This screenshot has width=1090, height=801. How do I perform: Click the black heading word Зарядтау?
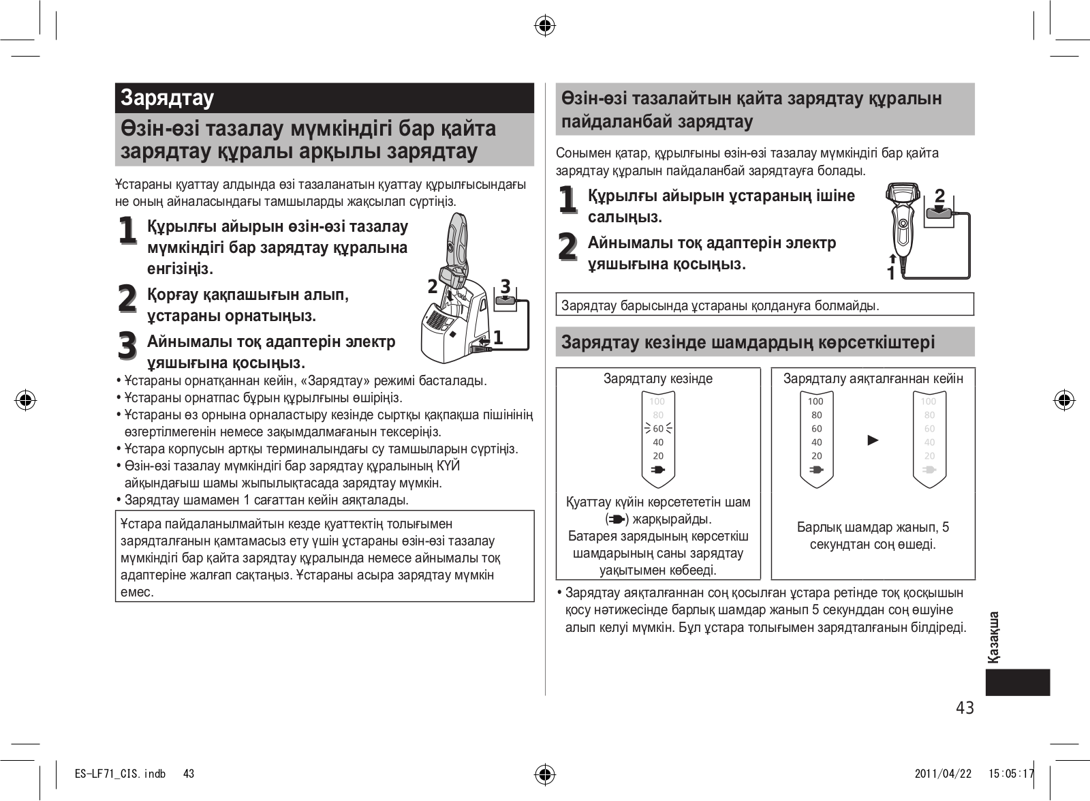pos(167,98)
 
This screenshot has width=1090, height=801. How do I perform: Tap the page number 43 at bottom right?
pos(965,708)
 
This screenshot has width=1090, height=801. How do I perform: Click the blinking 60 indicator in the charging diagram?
pos(658,429)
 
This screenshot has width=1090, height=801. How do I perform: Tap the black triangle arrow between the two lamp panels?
pos(873,440)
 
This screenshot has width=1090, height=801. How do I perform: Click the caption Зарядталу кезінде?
pos(658,379)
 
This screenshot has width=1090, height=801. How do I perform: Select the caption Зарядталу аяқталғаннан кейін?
pos(873,379)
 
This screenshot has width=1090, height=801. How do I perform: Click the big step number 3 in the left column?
pos(127,345)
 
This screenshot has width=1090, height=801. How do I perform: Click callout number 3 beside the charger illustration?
pos(505,287)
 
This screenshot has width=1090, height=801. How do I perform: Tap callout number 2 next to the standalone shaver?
pos(940,196)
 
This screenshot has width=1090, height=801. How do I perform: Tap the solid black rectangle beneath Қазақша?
pos(1017,682)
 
